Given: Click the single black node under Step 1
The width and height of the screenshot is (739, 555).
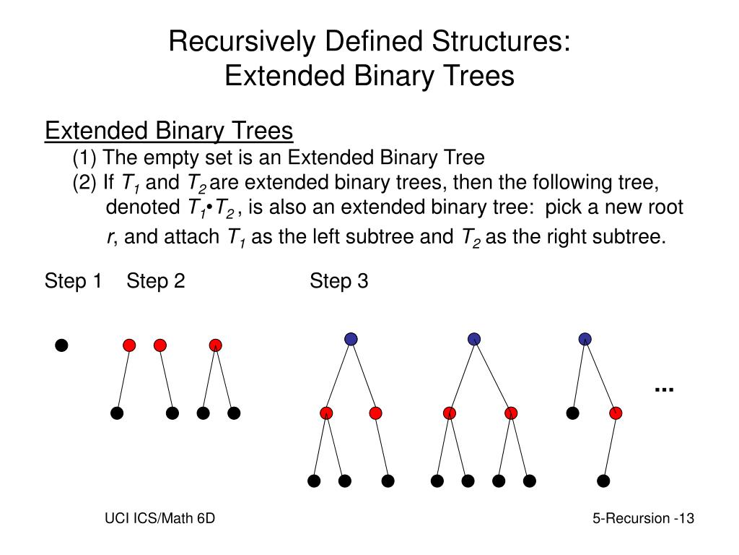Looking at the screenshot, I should tap(62, 345).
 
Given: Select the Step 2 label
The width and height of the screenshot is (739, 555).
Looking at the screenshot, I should tap(156, 281).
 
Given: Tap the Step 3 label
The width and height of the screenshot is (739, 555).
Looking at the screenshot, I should tap(339, 281).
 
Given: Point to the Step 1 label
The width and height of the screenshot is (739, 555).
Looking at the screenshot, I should tap(73, 281).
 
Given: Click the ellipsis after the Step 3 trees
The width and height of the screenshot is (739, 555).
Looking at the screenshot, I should tap(664, 389).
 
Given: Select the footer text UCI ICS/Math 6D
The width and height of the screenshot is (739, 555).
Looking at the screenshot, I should tap(159, 518).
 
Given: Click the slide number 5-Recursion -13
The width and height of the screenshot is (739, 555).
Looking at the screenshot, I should tap(643, 518).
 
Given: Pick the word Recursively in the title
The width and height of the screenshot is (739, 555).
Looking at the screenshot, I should tap(239, 42).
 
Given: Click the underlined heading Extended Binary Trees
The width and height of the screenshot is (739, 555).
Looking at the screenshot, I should tap(169, 132).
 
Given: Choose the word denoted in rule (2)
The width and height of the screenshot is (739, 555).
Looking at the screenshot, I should tap(139, 208).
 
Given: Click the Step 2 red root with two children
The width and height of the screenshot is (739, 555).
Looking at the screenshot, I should tap(215, 345).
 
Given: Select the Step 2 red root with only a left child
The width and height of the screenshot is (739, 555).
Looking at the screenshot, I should tap(129, 345).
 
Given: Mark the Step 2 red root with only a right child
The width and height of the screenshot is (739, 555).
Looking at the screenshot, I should tap(160, 345).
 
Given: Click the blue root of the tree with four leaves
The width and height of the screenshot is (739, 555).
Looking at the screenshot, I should tap(474, 338).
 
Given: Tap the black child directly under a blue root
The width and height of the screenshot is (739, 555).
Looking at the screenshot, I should tap(572, 413).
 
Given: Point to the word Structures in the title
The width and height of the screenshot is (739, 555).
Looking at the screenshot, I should tap(497, 42).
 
